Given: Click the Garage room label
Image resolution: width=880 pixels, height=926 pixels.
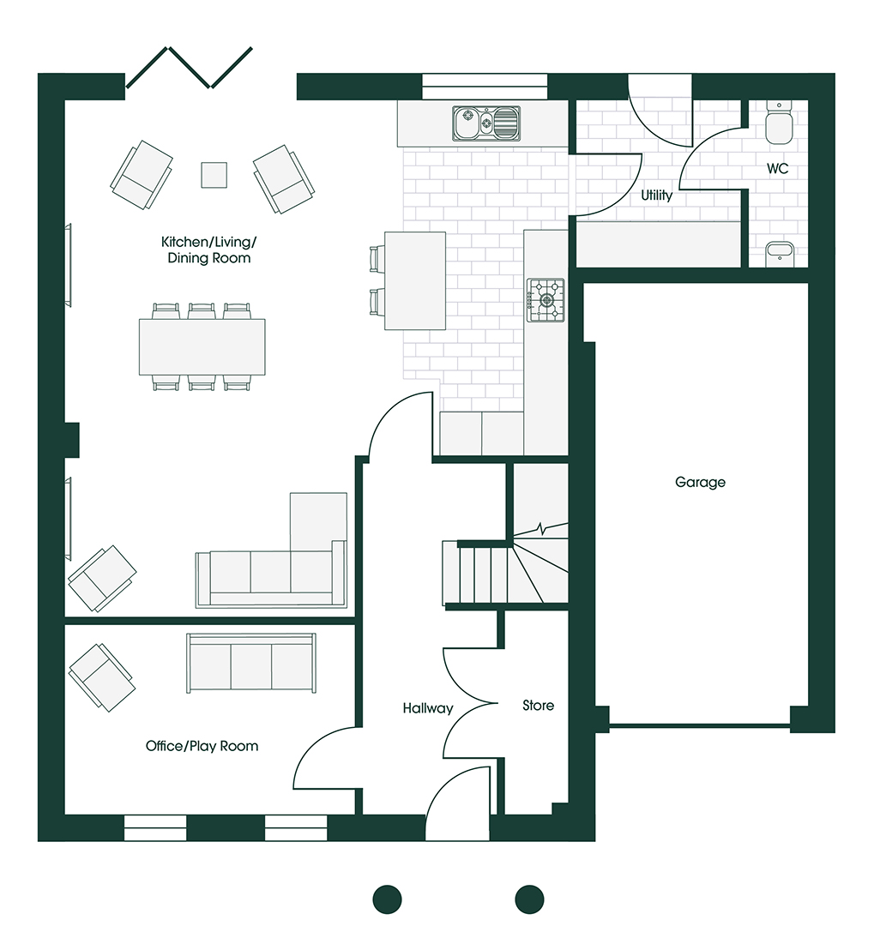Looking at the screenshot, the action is click(700, 483).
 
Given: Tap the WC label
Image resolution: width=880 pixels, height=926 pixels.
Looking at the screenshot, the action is click(777, 169).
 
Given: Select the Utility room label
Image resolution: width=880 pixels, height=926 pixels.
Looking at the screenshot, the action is click(657, 195).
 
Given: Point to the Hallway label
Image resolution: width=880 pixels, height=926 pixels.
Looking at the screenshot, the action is click(428, 708).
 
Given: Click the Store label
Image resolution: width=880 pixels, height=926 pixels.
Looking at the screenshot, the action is click(538, 705).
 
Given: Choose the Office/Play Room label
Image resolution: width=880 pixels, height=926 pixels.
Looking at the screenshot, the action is click(202, 746).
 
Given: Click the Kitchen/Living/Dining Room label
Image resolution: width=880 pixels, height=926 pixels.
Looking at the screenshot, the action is click(209, 250).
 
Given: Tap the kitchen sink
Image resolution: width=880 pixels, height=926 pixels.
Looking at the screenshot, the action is click(486, 123).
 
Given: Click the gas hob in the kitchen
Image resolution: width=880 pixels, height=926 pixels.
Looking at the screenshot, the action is click(545, 300).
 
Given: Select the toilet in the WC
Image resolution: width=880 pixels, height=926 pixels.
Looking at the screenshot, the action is click(779, 123).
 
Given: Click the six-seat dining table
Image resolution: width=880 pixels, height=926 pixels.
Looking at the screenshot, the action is click(202, 346).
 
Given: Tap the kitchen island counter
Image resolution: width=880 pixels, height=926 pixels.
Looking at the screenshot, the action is click(415, 280).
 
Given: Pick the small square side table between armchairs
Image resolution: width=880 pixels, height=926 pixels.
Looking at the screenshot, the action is click(214, 175).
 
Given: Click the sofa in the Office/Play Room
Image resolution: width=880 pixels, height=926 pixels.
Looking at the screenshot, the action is click(251, 663).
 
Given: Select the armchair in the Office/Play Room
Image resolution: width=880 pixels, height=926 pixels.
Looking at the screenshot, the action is click(101, 677).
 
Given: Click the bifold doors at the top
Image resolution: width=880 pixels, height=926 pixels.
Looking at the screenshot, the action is click(190, 68).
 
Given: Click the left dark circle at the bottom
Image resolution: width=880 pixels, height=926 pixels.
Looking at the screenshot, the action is click(388, 900).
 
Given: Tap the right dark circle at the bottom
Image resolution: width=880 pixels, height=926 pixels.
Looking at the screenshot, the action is click(529, 900).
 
